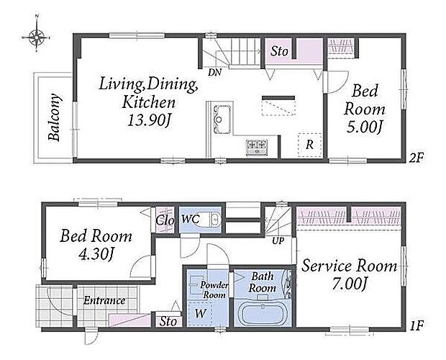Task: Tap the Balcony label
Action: (x=55, y=117)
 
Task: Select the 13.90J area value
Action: (x=148, y=121)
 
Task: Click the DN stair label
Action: (x=214, y=73)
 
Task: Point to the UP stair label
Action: (x=278, y=241)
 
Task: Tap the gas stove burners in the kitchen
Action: (x=257, y=148)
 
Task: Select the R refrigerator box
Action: (x=309, y=145)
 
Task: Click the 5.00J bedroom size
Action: (x=363, y=127)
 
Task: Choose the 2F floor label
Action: (x=417, y=158)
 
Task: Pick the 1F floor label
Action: (x=417, y=325)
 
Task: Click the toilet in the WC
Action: (x=211, y=219)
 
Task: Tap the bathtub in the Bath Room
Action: (x=263, y=314)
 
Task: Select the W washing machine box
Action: (x=201, y=314)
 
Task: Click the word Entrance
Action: (x=104, y=300)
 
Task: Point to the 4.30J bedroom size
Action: (x=96, y=253)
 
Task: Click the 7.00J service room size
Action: (x=350, y=284)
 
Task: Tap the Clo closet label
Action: (x=165, y=220)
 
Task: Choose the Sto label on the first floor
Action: (x=168, y=322)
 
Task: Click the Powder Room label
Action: (x=214, y=289)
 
